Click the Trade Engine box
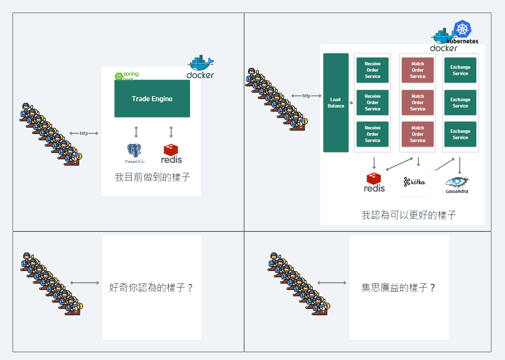[x=152, y=99]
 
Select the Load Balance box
[x=336, y=102]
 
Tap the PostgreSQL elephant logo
[x=134, y=152]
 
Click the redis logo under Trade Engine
[x=171, y=154]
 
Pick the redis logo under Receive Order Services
[x=374, y=182]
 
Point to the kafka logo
[x=414, y=182]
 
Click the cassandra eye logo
[x=457, y=182]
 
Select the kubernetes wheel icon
[x=462, y=29]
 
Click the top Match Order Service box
[x=417, y=70]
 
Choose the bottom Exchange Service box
[x=460, y=134]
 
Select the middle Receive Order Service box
[x=372, y=102]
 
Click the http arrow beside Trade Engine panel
[x=84, y=133]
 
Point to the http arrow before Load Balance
[x=306, y=96]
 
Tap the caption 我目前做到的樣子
[x=152, y=177]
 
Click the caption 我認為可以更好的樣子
[x=408, y=215]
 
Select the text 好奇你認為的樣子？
[x=151, y=288]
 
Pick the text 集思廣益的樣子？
[x=398, y=288]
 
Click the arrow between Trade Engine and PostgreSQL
[x=136, y=132]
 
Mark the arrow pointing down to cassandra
[x=459, y=166]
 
